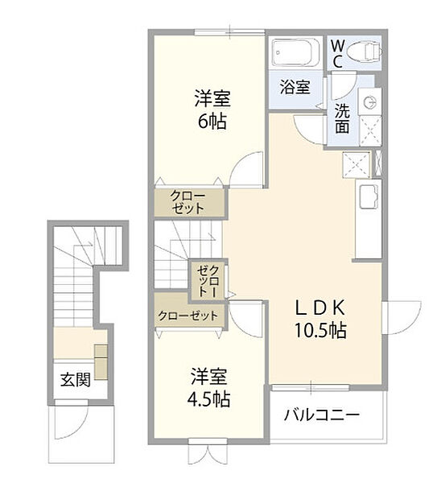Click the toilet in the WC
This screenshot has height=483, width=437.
tap(365, 52)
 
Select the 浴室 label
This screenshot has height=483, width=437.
tap(295, 87)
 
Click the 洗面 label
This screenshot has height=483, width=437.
tap(342, 118)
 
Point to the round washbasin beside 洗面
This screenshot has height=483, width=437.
tap(370, 102)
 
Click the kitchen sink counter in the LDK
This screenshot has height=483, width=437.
tap(369, 219)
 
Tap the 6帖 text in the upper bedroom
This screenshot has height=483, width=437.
tap(212, 122)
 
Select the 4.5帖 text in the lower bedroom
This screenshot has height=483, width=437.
tap(208, 399)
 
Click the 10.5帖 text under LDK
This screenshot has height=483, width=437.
tap(320, 330)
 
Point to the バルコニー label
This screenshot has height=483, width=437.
tap(322, 415)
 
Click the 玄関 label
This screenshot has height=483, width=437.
tap(75, 379)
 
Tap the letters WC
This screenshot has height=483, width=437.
tap(337, 55)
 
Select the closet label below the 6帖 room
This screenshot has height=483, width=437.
tap(188, 202)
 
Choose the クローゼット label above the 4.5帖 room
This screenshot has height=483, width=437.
tap(188, 316)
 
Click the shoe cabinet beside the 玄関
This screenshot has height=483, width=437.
tap(101, 362)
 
